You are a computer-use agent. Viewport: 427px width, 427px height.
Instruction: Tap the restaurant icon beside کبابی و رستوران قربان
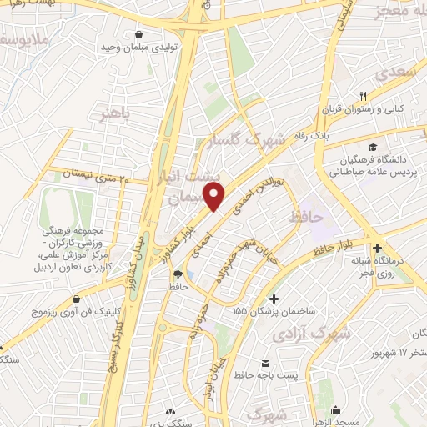pos(364,95)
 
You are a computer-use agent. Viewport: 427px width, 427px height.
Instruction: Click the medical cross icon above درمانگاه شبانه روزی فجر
pos(378,249)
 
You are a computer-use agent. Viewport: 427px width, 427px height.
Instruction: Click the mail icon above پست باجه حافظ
pos(266,364)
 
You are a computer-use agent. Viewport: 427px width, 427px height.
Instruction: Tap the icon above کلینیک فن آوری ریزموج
pos(76,298)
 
